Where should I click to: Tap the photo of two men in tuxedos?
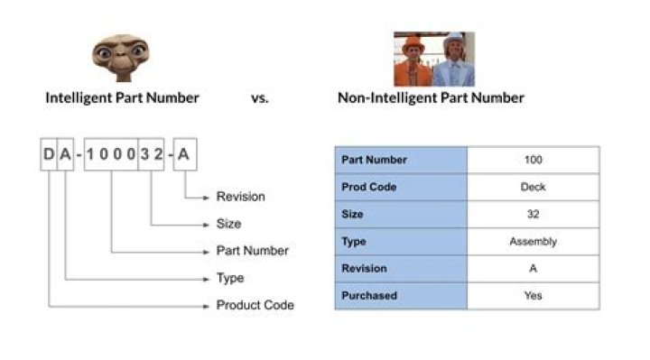point(433,60)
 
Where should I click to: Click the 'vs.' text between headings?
point(260,98)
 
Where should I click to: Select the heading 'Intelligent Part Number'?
point(122,98)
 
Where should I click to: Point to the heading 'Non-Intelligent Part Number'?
point(431,98)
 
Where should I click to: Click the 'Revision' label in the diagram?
point(241,197)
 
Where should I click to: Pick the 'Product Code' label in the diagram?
point(255,305)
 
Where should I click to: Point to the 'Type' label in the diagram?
point(230,278)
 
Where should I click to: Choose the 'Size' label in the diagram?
point(229,224)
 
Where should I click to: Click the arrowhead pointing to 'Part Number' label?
point(208,251)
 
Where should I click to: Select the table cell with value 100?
point(533,160)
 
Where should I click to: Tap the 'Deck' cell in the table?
point(533,187)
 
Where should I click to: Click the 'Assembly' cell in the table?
point(533,241)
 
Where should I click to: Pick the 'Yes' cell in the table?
point(533,295)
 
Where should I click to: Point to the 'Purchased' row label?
point(369,295)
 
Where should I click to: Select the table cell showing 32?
point(533,214)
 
